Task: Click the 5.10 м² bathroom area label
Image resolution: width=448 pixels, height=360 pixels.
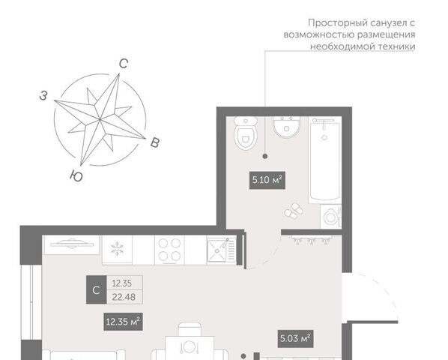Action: tap(267, 180)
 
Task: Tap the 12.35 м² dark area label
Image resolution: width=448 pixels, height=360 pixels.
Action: tap(123, 322)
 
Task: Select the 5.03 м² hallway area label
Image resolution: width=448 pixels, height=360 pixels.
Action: tap(295, 339)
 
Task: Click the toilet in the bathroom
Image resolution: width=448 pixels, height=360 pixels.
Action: tap(246, 133)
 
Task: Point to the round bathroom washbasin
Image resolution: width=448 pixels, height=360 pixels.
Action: tap(286, 127)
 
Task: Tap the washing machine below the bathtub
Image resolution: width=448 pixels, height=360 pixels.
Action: tap(331, 217)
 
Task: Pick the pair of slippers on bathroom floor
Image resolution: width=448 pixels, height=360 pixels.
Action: tap(294, 210)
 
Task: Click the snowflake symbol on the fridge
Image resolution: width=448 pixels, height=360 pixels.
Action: tap(117, 248)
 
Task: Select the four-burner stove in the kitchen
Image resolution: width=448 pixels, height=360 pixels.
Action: tap(169, 250)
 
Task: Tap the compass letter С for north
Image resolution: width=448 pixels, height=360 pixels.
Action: tap(124, 64)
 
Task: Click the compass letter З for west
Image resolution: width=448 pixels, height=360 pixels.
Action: tap(43, 96)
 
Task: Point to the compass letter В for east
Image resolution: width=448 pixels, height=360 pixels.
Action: tap(155, 142)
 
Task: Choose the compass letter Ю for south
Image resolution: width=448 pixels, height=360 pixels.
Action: tap(76, 175)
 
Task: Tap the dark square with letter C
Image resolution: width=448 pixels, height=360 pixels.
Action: tap(97, 289)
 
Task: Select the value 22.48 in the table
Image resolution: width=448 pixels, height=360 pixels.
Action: tap(124, 297)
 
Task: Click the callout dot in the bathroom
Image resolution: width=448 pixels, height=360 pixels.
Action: tap(265, 156)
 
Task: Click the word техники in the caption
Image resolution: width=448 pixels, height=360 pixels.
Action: tap(396, 46)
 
